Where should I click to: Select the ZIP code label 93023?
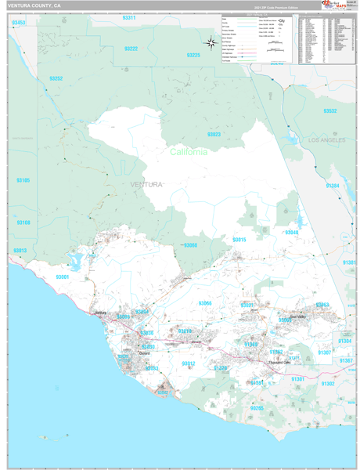[x=214, y=135]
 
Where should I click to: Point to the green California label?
[x=189, y=152]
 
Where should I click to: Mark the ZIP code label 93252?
[x=56, y=78]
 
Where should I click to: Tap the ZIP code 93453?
[x=19, y=23]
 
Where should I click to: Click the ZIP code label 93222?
[x=131, y=49]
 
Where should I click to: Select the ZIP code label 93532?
[x=330, y=110]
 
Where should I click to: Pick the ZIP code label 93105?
[x=23, y=180]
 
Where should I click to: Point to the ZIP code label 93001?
[x=63, y=277]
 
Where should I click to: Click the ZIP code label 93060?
[x=190, y=245]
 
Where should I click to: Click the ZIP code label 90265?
[x=257, y=407]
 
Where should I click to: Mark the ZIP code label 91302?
[x=327, y=383]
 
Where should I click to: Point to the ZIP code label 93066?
[x=204, y=302]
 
